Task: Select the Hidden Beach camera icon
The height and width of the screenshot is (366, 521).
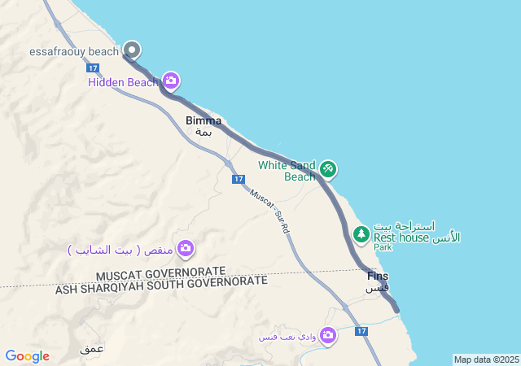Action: (x=171, y=81)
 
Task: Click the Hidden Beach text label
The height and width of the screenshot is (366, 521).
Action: (x=123, y=81)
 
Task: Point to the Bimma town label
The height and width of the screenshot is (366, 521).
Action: (x=204, y=121)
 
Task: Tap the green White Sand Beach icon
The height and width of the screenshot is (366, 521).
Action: (x=328, y=169)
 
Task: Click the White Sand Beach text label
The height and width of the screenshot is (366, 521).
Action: (x=287, y=171)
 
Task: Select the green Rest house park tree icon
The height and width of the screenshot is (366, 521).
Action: (x=361, y=234)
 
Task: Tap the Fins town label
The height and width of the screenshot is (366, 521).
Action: (x=378, y=277)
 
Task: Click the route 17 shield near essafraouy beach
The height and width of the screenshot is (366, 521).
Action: (x=92, y=68)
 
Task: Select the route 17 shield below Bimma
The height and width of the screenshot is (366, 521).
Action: (x=238, y=179)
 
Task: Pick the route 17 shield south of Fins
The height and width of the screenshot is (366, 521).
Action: (x=361, y=331)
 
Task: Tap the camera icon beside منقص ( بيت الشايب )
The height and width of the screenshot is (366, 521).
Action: (x=186, y=247)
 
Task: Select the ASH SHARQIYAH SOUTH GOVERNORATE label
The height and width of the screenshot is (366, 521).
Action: (x=161, y=285)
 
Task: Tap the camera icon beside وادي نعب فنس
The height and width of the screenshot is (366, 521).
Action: (x=327, y=335)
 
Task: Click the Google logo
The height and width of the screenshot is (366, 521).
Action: (x=27, y=356)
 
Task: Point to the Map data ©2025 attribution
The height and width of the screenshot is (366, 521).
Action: (x=486, y=359)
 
